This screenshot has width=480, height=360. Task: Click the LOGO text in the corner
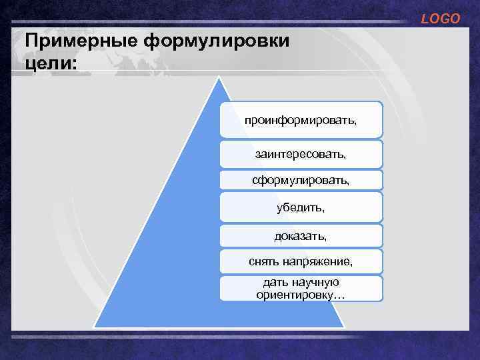click(440, 19)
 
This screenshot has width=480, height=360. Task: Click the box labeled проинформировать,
click(301, 121)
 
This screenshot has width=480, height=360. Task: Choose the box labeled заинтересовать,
click(301, 154)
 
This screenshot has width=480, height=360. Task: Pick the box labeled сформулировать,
click(301, 181)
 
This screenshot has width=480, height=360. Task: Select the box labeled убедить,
click(301, 207)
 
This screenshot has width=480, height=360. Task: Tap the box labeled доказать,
click(301, 236)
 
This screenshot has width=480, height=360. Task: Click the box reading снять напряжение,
click(301, 262)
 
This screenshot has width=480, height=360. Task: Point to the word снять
click(263, 262)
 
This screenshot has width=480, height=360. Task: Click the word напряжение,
click(317, 262)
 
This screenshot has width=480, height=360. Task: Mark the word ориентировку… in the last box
click(301, 294)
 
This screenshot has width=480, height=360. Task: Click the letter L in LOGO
click(425, 19)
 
